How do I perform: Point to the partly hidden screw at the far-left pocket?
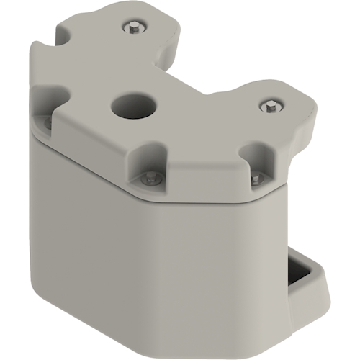[48, 122]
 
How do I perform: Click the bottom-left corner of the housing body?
[36, 284]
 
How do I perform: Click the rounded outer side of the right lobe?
[306, 126]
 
